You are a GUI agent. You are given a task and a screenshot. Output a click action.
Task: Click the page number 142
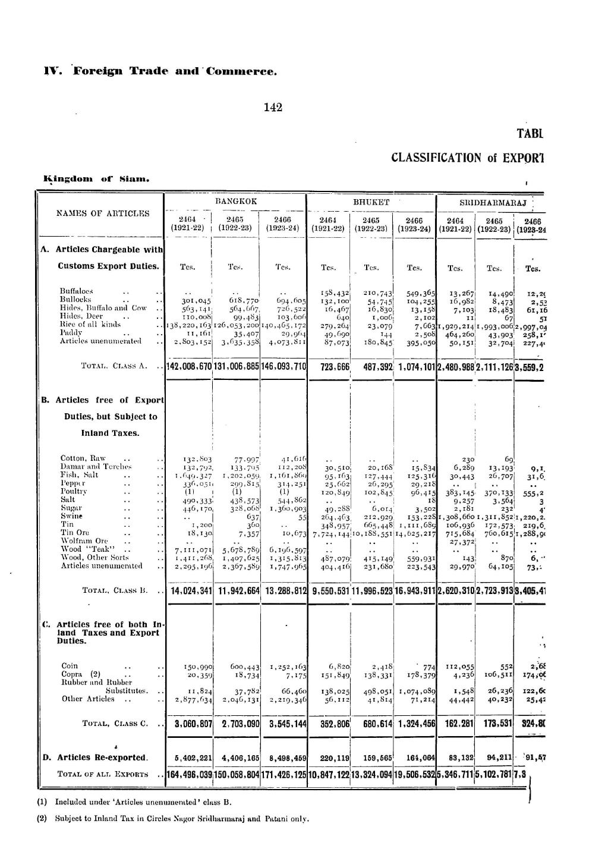tap(273, 108)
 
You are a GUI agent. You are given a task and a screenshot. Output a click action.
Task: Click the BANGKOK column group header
tap(235, 202)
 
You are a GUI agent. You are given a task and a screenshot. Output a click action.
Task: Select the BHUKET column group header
tap(371, 202)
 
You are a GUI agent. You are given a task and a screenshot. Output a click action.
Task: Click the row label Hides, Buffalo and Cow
tap(103, 307)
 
